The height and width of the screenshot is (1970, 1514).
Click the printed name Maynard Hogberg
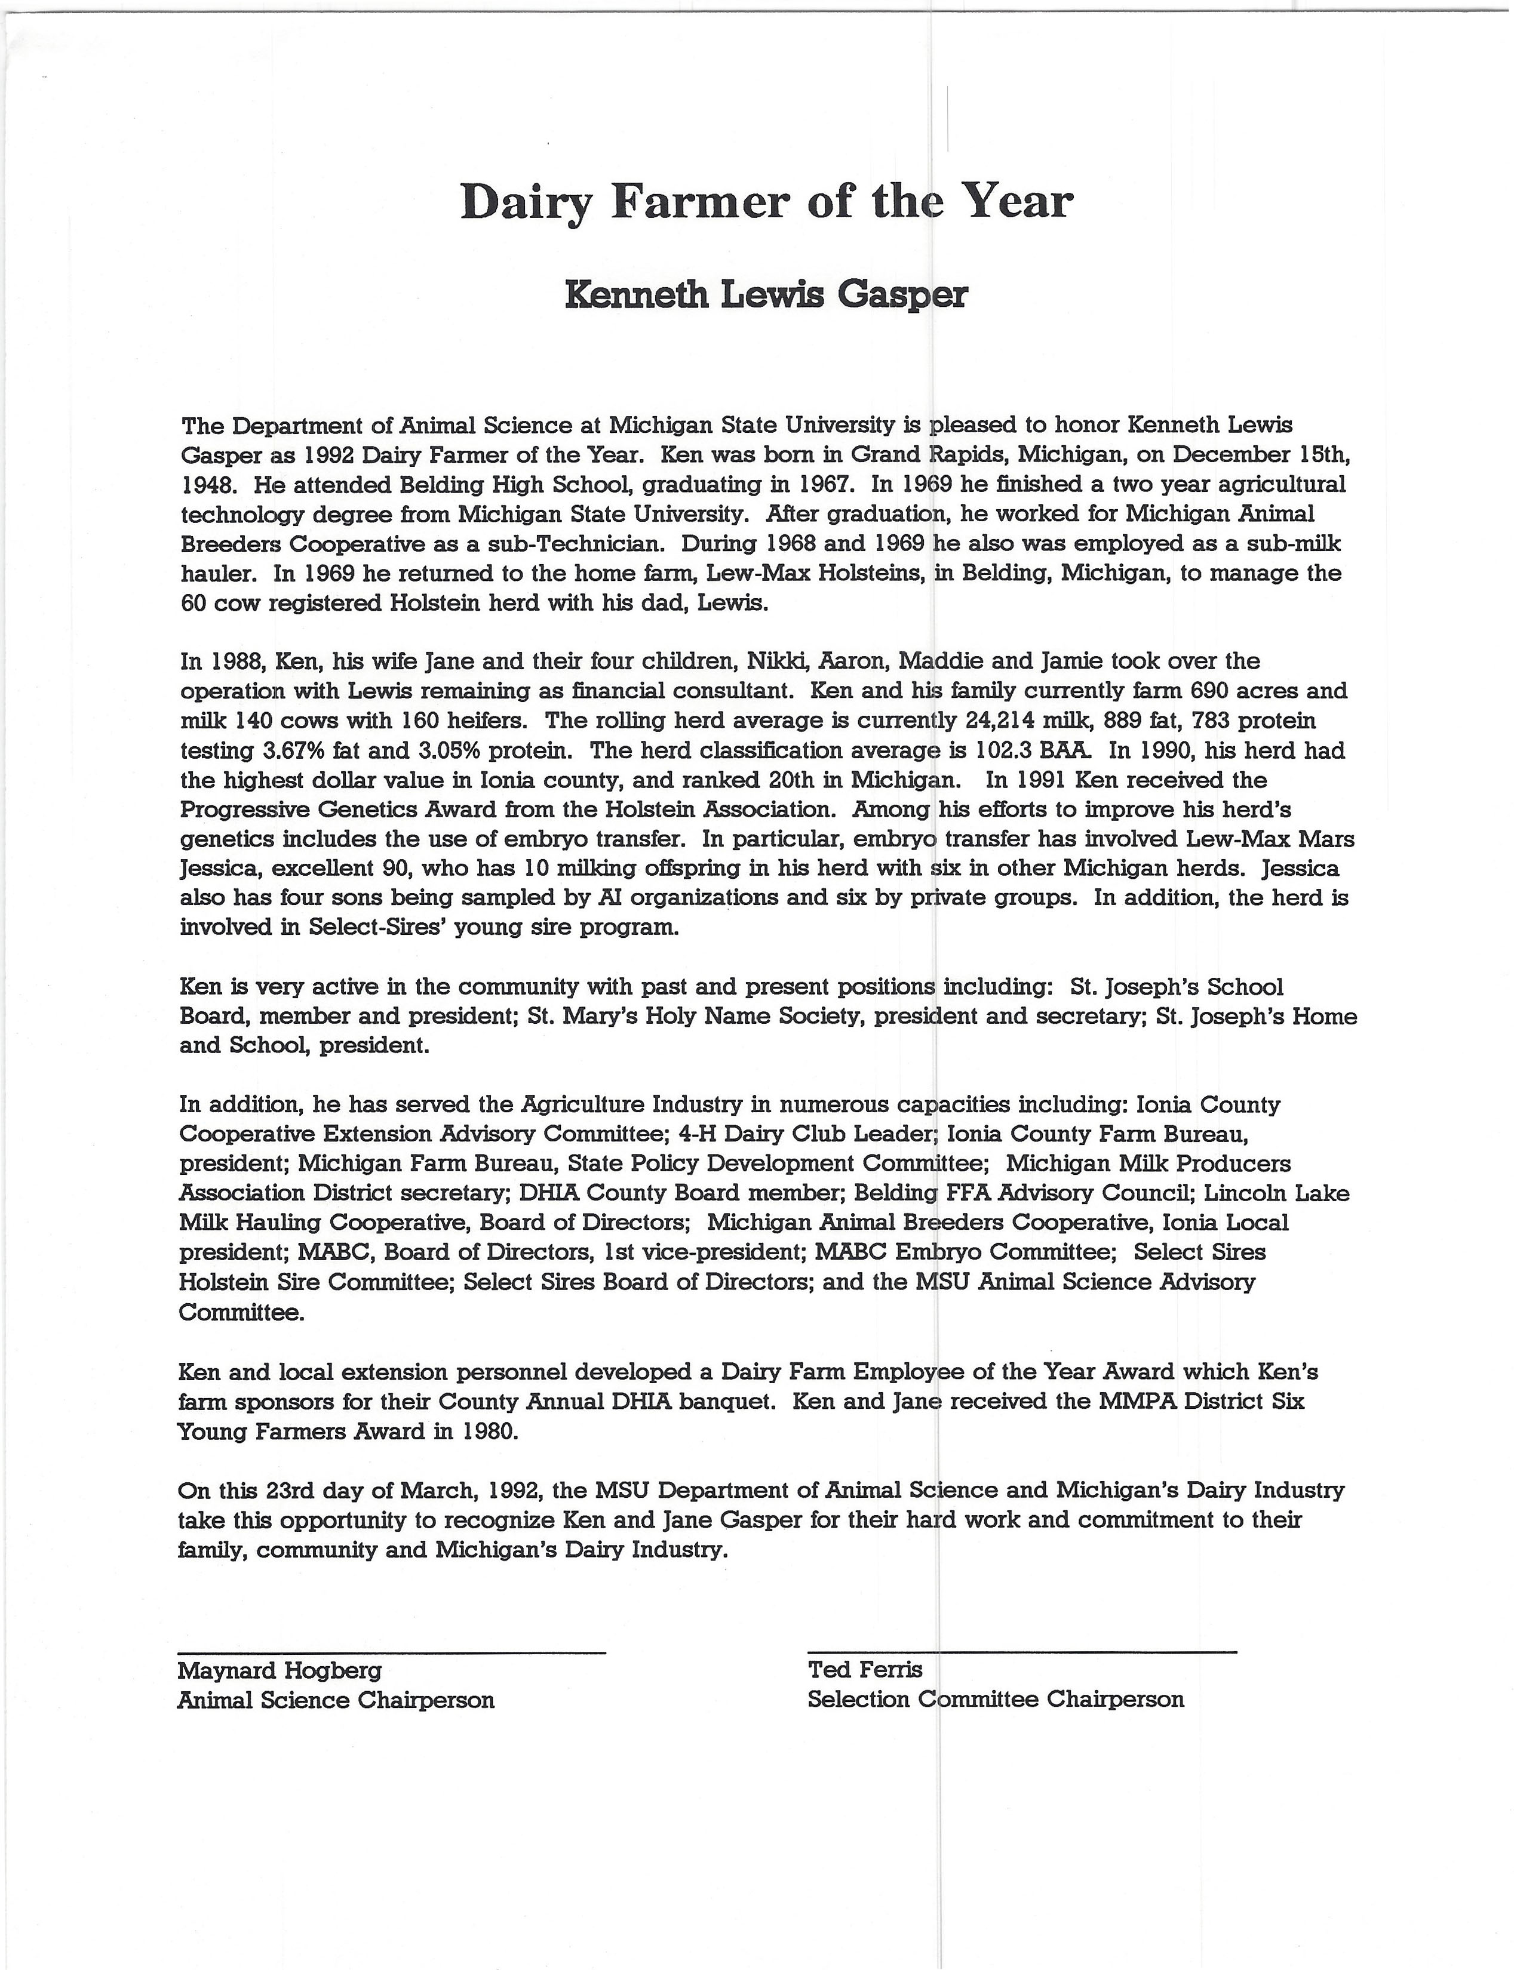(280, 1671)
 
